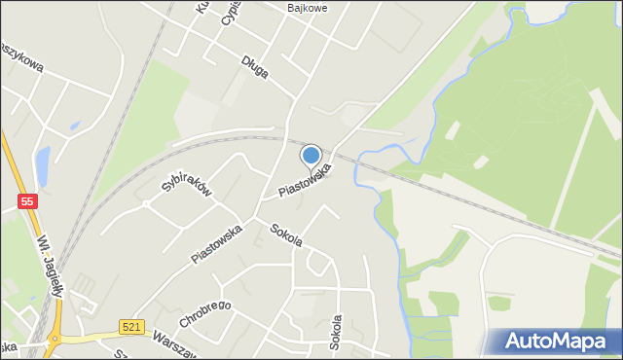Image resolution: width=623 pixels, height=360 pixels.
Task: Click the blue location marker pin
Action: click(311, 156)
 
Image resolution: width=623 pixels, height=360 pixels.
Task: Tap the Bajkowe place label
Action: click(307, 8)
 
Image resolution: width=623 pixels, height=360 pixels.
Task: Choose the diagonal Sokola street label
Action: click(286, 234)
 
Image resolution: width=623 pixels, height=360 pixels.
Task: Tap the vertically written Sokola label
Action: click(336, 332)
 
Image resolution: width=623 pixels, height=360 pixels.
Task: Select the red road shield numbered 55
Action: click(28, 201)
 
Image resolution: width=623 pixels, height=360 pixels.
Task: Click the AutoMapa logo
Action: click(554, 341)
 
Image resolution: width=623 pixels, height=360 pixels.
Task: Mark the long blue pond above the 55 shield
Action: click(42, 166)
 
